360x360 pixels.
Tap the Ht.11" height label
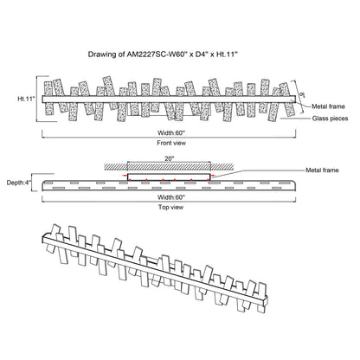coord(26,99)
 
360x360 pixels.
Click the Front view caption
coord(171,143)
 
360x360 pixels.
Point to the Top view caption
coord(170,207)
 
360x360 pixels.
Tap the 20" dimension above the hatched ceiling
coord(170,158)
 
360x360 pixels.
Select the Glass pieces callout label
coord(330,119)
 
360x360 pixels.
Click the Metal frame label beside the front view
coord(328,106)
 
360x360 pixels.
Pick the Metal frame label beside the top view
coord(322,170)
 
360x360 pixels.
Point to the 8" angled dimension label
coord(302,94)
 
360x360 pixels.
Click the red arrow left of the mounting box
coord(124,176)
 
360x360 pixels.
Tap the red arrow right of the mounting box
coord(214,176)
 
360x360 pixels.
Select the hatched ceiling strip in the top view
coord(169,167)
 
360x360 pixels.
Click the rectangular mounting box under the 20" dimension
coord(169,174)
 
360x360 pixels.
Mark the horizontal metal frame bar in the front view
coord(169,99)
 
